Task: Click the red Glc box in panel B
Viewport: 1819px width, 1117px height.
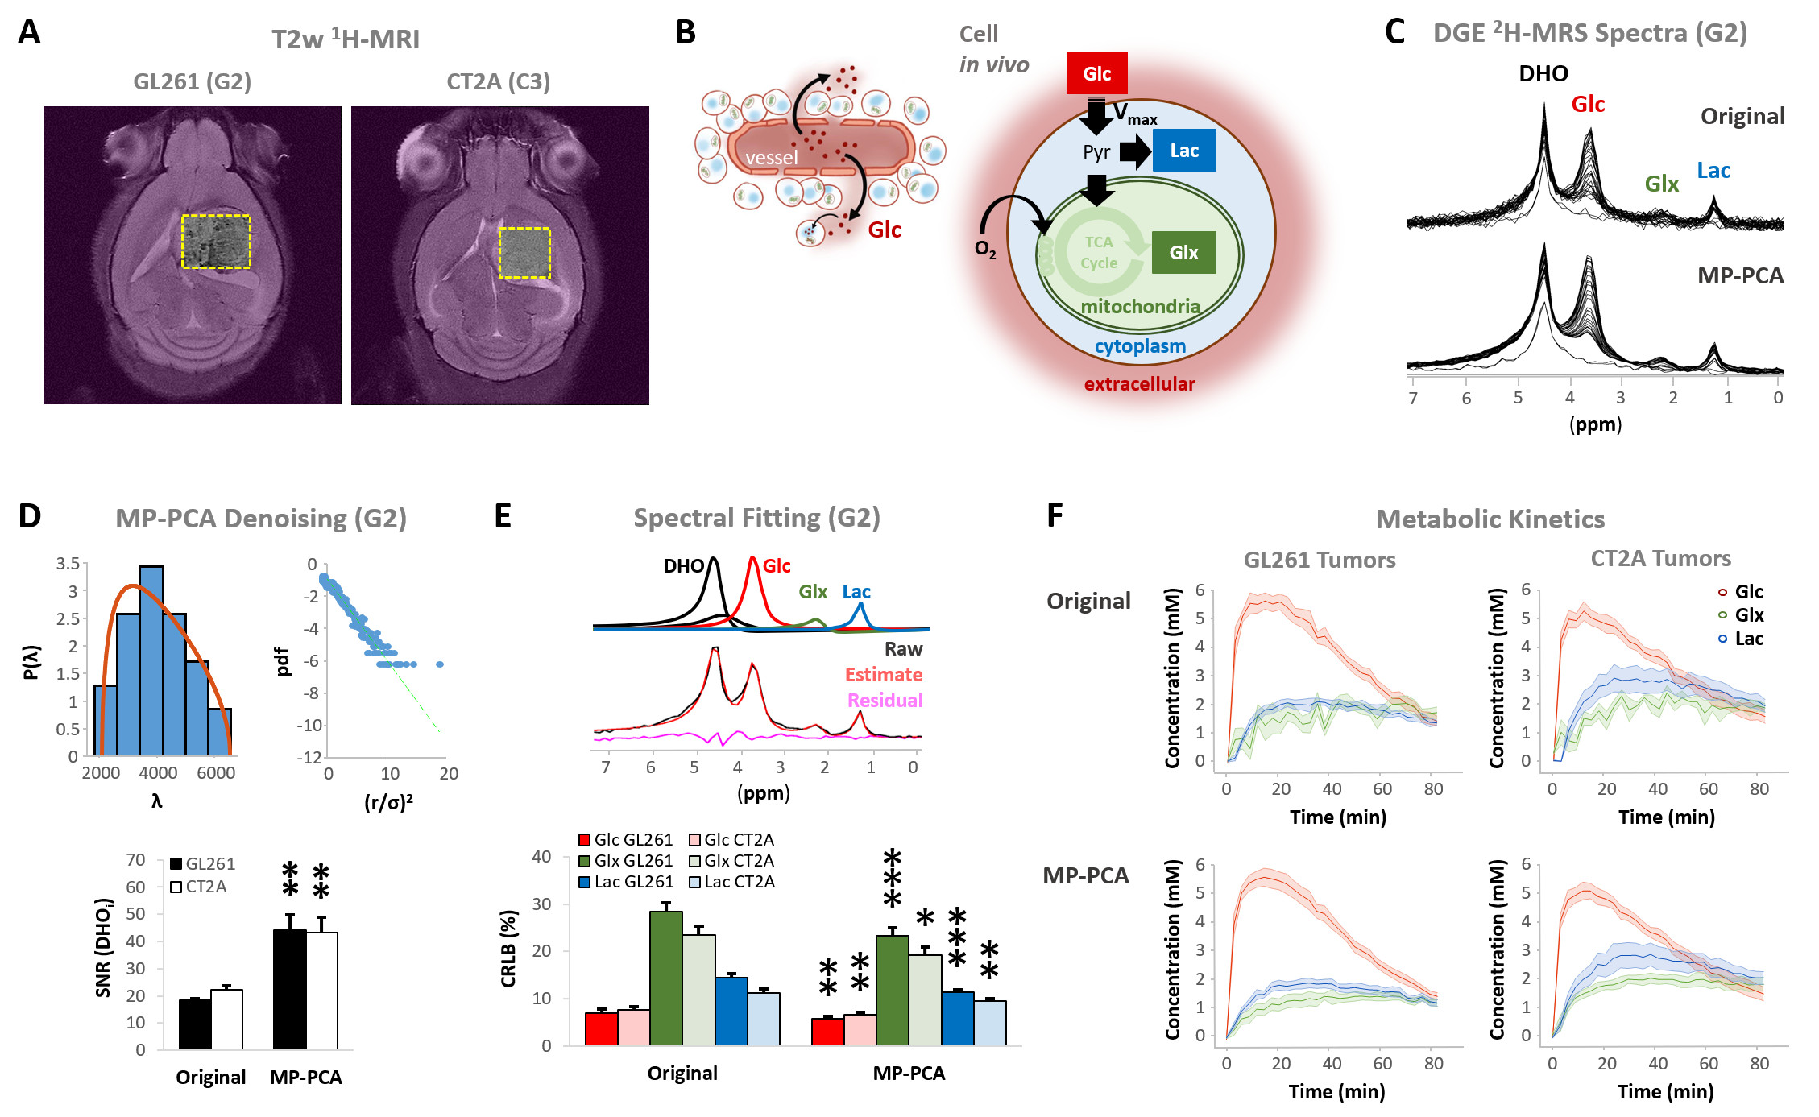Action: (x=1096, y=73)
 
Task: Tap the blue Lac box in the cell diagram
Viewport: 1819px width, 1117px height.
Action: (x=1183, y=151)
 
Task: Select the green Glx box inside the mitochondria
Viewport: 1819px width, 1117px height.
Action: (x=1183, y=252)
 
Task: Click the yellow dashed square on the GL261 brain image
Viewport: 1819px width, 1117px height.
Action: (x=216, y=241)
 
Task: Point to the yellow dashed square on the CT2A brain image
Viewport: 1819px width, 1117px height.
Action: (x=524, y=253)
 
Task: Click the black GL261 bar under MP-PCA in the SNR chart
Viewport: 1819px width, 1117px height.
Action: (x=289, y=990)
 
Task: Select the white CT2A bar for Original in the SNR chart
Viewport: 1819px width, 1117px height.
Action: (x=226, y=1020)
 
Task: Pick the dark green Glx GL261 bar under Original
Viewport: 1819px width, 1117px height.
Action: (x=665, y=978)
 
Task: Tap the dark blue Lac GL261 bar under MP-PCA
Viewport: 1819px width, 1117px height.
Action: (x=957, y=1019)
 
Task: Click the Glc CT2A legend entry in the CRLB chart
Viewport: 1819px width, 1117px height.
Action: (x=731, y=840)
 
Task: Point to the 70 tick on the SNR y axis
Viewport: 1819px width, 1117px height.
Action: (x=135, y=860)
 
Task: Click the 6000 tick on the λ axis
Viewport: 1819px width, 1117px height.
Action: (x=216, y=773)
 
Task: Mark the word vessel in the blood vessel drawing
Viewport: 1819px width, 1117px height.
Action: (x=771, y=158)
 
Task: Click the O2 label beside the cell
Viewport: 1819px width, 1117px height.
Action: (x=985, y=249)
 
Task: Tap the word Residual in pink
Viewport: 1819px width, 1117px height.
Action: (x=885, y=700)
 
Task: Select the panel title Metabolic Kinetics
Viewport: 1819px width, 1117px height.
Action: (x=1490, y=519)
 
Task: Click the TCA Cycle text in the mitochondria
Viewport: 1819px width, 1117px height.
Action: (x=1099, y=253)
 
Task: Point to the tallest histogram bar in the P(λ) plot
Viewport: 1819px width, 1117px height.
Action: (x=151, y=660)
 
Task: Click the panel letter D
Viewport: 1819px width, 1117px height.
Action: (x=30, y=516)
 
